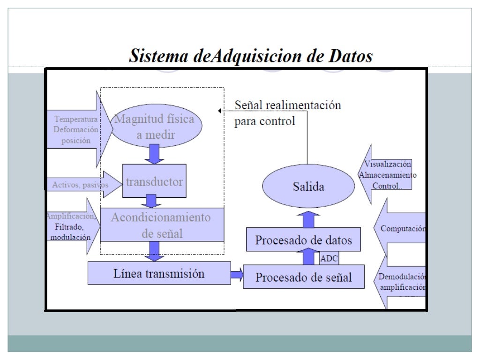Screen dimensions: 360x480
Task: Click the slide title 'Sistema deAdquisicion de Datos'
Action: click(251, 57)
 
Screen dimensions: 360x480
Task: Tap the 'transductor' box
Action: click(154, 181)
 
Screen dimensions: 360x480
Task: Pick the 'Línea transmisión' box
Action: click(159, 273)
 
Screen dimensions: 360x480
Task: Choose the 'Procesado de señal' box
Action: click(303, 277)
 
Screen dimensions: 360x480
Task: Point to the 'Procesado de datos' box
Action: click(303, 240)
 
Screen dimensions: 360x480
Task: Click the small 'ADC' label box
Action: click(329, 258)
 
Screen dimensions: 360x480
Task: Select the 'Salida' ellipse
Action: click(308, 187)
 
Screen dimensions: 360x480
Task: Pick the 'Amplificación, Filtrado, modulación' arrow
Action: click(73, 226)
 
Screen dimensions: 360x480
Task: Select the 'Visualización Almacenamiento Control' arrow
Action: click(388, 175)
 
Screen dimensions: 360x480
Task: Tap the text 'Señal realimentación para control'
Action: click(287, 113)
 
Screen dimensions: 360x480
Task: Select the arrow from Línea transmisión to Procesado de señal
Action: click(237, 274)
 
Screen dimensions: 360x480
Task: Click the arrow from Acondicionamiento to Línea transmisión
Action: click(153, 251)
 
